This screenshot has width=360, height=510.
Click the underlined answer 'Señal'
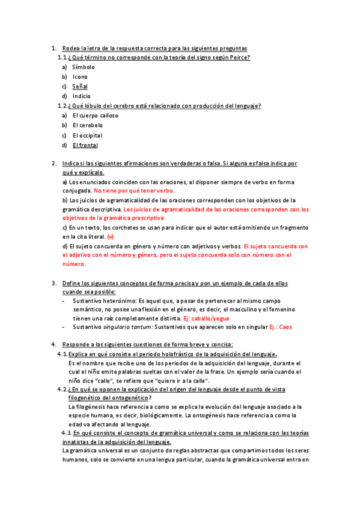tap(80, 87)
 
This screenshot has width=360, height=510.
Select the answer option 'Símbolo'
tap(84, 67)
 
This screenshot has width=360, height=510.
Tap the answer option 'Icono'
tap(80, 77)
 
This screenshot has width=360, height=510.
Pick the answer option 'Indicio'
tap(82, 96)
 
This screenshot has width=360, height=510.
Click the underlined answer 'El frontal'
tap(85, 145)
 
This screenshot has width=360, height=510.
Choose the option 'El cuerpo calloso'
tap(96, 115)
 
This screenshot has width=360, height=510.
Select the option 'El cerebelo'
tap(88, 125)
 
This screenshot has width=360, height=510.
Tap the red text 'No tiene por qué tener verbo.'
tap(133, 191)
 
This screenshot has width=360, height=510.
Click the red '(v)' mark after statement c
tap(110, 237)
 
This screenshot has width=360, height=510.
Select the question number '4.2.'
tap(62, 390)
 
